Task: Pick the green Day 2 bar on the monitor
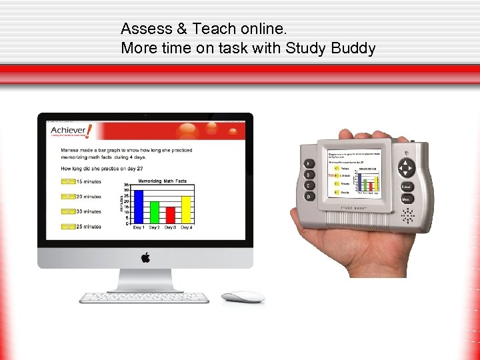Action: click(x=154, y=212)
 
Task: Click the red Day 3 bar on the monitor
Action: click(x=170, y=215)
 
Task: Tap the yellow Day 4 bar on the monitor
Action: click(x=186, y=209)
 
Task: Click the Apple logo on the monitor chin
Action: click(x=145, y=257)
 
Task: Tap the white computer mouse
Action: click(x=243, y=297)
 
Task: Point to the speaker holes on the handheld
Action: click(x=406, y=215)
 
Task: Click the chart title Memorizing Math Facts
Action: click(x=162, y=181)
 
